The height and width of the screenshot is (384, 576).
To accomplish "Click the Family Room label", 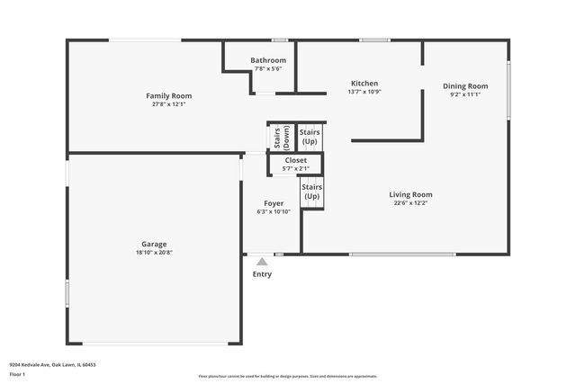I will tap(169, 95).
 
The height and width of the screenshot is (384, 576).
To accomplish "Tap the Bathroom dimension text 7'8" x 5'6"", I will tap(268, 69).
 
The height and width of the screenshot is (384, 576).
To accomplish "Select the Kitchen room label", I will tap(364, 84).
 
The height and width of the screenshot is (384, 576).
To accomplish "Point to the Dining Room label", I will tap(465, 86).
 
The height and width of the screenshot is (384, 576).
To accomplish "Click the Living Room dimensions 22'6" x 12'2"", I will tap(410, 203).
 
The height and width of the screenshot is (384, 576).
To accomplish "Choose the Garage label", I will tap(153, 244).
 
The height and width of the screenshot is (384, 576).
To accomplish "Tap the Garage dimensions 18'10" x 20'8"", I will tap(153, 253).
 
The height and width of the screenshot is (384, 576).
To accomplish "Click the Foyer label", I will tap(274, 203).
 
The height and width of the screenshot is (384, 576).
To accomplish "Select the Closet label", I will tap(295, 160).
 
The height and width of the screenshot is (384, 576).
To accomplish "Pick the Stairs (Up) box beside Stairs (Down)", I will tap(309, 137).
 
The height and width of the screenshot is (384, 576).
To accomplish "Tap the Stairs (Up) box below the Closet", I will tap(311, 192).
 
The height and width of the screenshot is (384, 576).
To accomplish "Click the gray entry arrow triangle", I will tap(262, 261).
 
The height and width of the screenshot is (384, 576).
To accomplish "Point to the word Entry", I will tap(262, 274).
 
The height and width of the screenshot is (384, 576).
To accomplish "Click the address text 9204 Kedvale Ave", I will tap(52, 364).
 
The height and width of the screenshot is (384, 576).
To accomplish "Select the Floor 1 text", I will tap(18, 374).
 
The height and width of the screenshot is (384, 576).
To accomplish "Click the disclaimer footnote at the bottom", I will tap(287, 376).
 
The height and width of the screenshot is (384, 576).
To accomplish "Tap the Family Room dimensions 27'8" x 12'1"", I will tap(169, 104).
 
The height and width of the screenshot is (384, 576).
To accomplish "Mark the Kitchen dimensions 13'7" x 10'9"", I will tap(364, 93).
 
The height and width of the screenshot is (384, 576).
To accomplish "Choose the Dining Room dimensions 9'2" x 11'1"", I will tap(465, 95).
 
